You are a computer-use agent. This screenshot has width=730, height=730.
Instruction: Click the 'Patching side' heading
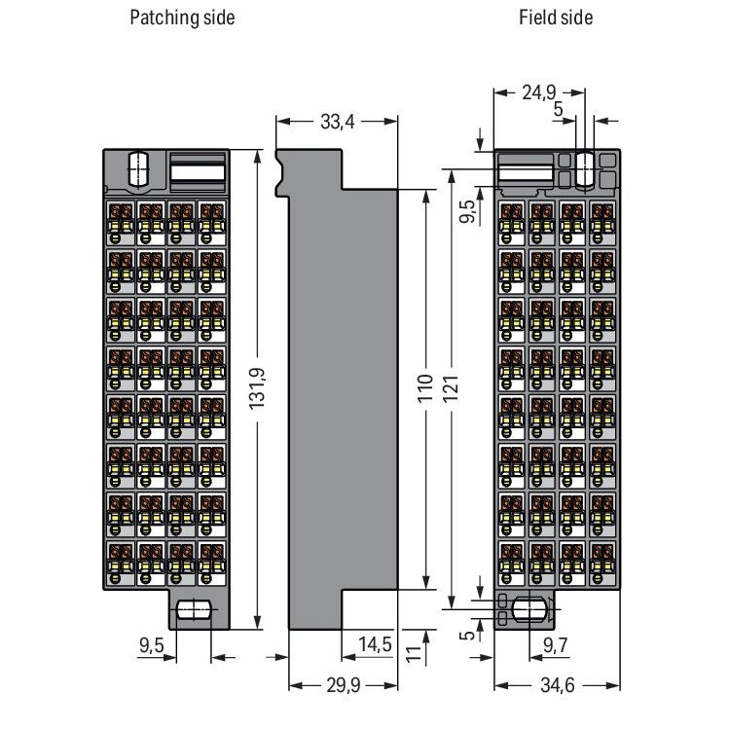[182, 18]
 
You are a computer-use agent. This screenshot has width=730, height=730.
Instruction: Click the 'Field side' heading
[556, 18]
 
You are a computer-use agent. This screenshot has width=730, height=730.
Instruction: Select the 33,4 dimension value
[338, 122]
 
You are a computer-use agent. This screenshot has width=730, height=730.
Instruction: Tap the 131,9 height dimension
[257, 388]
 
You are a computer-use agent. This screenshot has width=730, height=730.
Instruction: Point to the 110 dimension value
[425, 387]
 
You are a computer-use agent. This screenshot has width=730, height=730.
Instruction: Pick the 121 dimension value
[451, 387]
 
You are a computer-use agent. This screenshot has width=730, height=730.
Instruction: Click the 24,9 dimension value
[538, 92]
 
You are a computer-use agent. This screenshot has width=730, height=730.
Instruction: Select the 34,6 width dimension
[558, 685]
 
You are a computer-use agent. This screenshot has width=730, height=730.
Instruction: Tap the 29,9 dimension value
[344, 685]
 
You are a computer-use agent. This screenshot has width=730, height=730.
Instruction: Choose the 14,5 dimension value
[375, 644]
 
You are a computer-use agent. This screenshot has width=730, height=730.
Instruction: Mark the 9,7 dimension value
[556, 644]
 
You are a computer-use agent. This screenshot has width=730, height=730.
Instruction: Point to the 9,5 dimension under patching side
[152, 644]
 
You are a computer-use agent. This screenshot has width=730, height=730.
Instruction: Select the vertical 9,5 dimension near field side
[468, 211]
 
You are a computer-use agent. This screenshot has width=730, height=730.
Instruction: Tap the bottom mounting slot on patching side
[195, 610]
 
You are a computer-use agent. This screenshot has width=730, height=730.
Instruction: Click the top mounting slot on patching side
[138, 168]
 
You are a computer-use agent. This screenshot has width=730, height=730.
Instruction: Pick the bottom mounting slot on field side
[529, 609]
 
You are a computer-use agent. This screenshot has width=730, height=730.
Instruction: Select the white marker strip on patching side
[198, 172]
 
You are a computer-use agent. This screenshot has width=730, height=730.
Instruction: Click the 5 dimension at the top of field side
[559, 109]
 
